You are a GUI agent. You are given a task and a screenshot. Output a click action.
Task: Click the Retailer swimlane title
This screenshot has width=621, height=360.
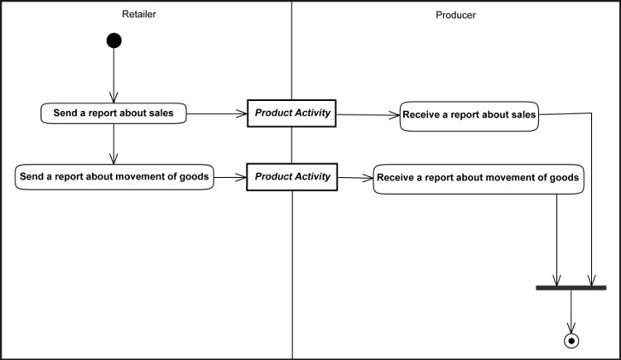139,15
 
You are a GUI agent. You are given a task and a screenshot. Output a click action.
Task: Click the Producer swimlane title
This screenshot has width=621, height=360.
455,15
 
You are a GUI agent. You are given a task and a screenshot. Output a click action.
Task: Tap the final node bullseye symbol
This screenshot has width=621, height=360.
571,340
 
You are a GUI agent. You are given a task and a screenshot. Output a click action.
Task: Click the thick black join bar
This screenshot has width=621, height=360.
570,287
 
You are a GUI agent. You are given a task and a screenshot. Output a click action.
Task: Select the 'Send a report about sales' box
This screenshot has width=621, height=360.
113,113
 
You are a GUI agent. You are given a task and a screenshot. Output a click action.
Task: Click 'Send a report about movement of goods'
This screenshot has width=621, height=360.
113,175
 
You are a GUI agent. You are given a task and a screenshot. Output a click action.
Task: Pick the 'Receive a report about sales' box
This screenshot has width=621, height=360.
469,116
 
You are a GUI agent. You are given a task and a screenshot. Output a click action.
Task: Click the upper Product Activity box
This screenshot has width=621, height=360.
292,113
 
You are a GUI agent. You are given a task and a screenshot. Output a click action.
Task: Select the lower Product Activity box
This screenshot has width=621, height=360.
292,176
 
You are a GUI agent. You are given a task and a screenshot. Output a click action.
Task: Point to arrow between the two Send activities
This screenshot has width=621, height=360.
113,144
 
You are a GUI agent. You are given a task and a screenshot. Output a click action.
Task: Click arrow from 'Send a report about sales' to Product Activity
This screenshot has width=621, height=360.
217,113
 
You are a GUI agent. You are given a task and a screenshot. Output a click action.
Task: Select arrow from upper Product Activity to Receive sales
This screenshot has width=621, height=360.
368,115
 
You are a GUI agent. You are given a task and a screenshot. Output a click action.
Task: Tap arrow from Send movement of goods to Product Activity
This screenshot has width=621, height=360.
230,176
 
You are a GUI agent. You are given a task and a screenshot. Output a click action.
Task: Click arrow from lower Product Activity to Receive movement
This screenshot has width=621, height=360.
354,177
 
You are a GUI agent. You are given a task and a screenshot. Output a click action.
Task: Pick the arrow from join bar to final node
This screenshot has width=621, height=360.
571,311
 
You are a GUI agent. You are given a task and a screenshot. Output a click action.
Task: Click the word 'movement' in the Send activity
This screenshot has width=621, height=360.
139,175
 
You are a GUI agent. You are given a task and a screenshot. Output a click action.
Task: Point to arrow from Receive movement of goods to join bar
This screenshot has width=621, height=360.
557,240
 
